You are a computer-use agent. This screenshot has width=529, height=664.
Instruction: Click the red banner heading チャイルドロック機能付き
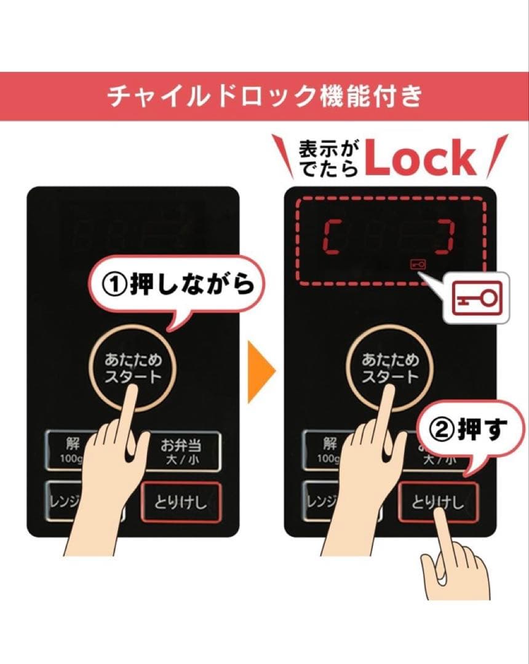(x=264, y=97)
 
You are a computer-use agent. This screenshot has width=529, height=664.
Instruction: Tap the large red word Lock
(x=420, y=159)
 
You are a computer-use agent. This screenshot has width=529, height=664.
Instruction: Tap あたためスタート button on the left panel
(x=133, y=368)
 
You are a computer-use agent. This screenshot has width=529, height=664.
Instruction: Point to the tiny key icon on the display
(x=417, y=264)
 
